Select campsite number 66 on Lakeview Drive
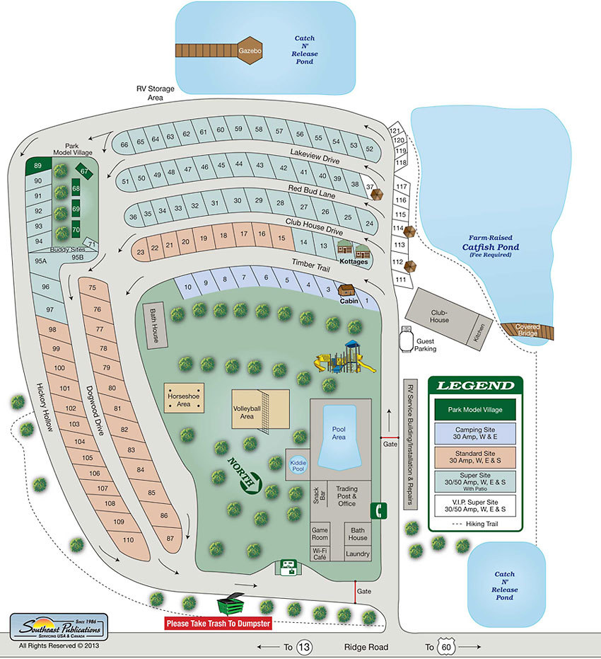coord(124,144)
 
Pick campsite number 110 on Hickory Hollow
coord(127,540)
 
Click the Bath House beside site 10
coord(153,326)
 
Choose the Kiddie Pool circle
coord(298,465)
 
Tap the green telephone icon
coord(380,510)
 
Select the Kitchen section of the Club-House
coord(481,330)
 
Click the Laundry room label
coord(358,554)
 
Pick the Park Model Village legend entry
coord(474,409)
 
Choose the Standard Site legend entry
coord(474,457)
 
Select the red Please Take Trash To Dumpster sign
coord(218,624)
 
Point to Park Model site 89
coord(37,166)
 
